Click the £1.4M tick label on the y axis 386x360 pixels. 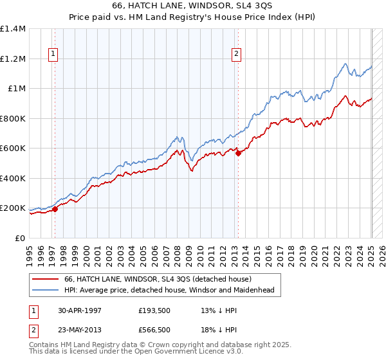[x=13, y=29]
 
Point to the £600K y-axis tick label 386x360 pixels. [x=13, y=148]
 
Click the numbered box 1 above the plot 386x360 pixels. [x=53, y=55]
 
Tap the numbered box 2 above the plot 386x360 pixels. [x=237, y=55]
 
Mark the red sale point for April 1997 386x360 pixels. [x=55, y=209]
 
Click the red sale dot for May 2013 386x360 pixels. [x=238, y=153]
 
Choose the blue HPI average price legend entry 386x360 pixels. [x=169, y=291]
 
